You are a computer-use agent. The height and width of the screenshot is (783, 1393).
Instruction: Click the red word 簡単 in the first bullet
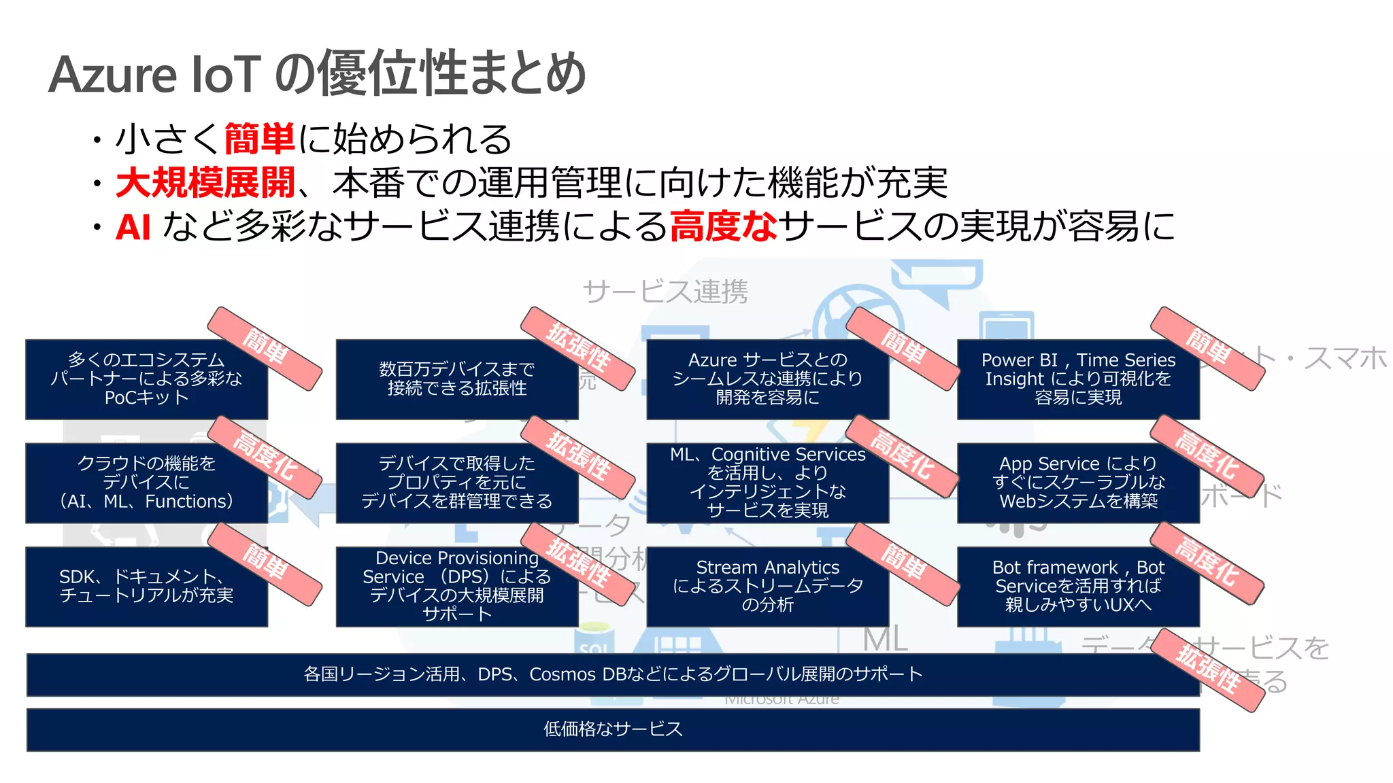coord(259,139)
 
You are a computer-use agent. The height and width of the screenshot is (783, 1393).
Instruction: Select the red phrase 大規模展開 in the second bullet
coord(205,183)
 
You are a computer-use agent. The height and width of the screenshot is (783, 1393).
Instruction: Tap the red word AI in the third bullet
coord(133,227)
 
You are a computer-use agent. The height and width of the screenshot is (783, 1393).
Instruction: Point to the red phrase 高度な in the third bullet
coord(723,226)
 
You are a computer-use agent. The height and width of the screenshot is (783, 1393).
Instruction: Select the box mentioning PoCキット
coord(146,379)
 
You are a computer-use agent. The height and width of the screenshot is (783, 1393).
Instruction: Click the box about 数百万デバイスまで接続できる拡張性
coord(456,379)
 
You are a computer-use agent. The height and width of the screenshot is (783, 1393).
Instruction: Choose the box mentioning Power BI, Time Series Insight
coord(1077,379)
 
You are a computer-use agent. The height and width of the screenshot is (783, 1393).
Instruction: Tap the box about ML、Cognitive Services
coord(767,483)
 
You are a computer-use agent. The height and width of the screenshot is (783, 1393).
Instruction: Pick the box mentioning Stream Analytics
coord(767,586)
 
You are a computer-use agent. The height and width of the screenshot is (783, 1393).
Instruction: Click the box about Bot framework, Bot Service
coord(1077,586)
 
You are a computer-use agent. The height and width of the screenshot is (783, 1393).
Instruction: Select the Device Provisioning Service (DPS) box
coord(456,586)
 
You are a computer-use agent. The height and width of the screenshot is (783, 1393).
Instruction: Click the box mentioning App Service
coord(1077,483)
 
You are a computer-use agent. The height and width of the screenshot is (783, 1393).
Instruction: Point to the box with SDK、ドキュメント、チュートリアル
coord(146,586)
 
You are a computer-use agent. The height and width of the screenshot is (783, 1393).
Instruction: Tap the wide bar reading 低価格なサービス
coord(612,729)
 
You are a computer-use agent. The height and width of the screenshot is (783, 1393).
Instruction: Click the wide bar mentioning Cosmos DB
coord(612,674)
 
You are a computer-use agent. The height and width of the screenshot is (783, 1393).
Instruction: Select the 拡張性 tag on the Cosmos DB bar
coord(1208,670)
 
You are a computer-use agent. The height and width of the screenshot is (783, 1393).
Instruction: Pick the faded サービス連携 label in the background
coord(665,292)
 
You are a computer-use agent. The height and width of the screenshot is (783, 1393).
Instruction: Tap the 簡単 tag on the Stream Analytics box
coord(902,563)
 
